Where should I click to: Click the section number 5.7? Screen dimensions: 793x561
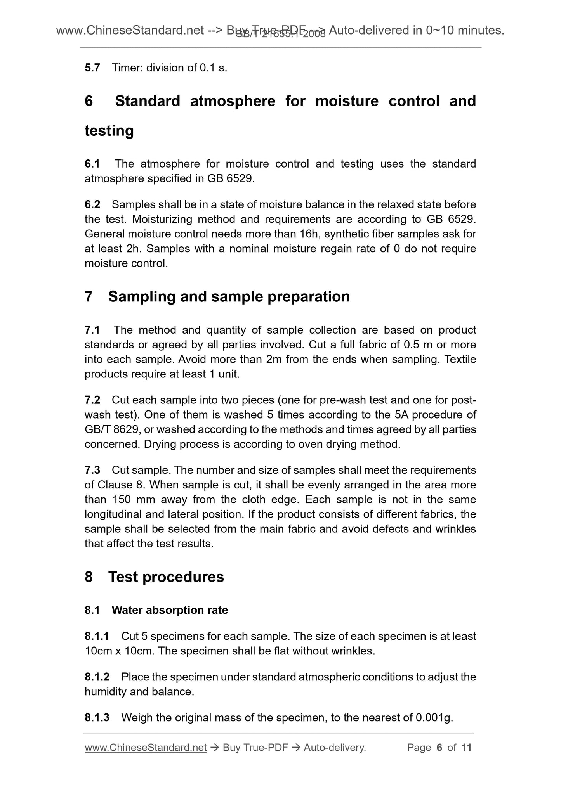coord(92,68)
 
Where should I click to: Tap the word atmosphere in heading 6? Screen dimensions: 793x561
coord(233,101)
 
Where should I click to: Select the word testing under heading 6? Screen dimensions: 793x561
coord(109,131)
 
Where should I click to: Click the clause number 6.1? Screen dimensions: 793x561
coord(92,164)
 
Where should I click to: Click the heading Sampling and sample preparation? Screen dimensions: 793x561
coord(229,296)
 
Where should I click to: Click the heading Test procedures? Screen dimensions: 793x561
coord(166,577)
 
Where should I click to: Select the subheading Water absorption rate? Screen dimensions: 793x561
coord(170,611)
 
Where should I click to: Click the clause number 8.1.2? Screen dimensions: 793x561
coord(97,677)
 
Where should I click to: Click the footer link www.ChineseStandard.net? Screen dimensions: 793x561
coord(146,748)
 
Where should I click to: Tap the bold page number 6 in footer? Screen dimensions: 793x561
coord(439,748)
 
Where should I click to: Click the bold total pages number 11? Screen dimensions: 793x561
coord(466,748)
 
